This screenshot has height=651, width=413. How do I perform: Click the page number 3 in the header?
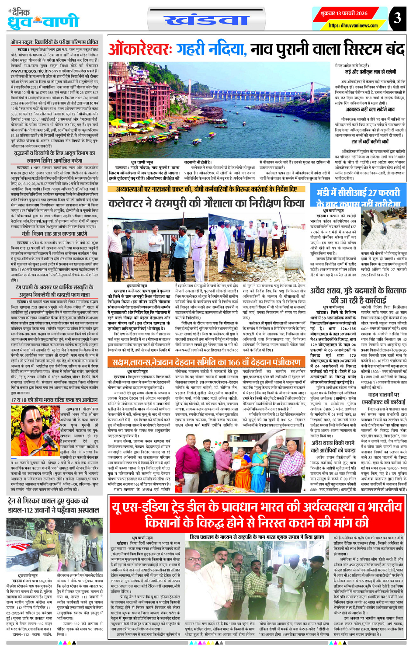396,18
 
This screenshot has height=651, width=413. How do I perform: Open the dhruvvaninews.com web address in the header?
353,26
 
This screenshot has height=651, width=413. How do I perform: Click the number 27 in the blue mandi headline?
371,193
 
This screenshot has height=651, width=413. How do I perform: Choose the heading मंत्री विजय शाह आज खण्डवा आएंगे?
54,234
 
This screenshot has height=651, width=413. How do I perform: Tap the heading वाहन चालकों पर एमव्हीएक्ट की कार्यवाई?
383,399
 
